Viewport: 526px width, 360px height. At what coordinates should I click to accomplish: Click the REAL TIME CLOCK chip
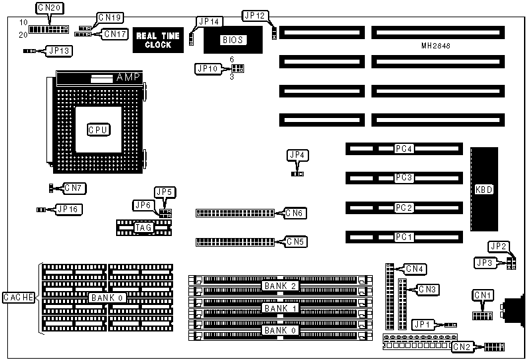tap(158, 40)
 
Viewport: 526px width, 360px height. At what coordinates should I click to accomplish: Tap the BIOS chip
tap(233, 40)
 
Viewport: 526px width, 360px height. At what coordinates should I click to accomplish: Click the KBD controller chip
tap(484, 190)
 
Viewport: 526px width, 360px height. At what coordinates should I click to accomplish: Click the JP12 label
tap(255, 15)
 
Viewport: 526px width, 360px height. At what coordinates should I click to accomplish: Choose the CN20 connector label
tap(48, 7)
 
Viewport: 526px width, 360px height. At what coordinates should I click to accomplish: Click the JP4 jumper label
tap(297, 154)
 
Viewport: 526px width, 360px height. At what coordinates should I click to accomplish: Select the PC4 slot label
tap(404, 149)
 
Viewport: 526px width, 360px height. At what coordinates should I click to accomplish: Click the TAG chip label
tap(143, 228)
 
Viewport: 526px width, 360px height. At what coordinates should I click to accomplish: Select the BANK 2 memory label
tap(279, 286)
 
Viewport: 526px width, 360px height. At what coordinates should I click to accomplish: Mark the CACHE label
tap(18, 298)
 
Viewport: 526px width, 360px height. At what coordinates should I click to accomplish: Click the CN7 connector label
tap(74, 188)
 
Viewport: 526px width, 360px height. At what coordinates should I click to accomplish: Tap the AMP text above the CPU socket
tap(128, 78)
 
